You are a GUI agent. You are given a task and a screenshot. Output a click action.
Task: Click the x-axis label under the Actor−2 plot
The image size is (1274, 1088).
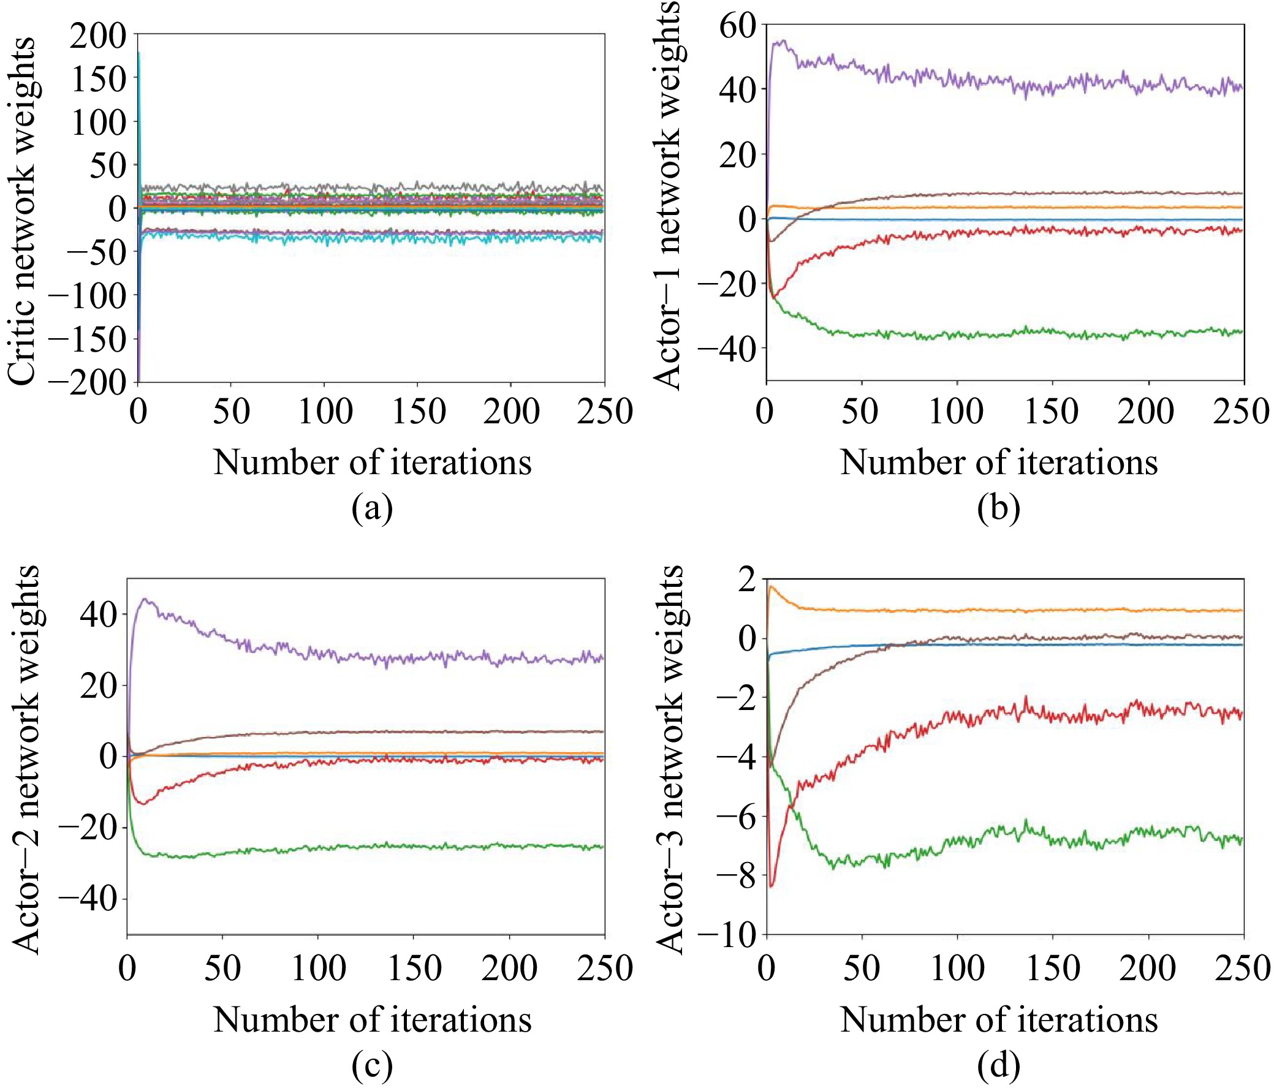(372, 1019)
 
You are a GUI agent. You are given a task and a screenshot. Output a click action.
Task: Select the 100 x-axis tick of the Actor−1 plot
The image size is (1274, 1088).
(956, 411)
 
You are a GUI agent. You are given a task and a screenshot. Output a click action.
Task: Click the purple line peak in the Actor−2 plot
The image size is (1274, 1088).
(145, 599)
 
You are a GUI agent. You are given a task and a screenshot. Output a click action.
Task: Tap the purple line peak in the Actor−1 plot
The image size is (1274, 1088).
(782, 41)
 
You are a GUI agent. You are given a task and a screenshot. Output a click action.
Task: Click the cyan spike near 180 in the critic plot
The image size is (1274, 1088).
(140, 53)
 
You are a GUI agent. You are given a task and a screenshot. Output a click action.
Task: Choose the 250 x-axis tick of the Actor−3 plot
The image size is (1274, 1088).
(1242, 968)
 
